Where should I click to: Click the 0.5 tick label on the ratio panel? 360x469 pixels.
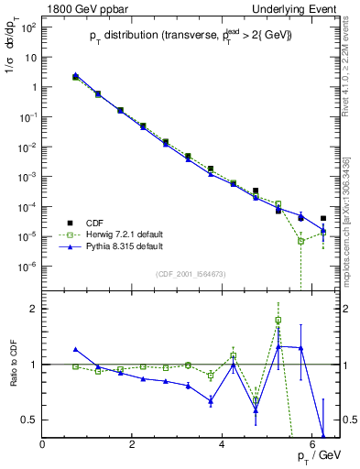click(29, 420)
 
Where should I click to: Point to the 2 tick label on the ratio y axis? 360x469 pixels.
click(34, 309)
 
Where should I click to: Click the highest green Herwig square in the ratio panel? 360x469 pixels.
click(278, 321)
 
